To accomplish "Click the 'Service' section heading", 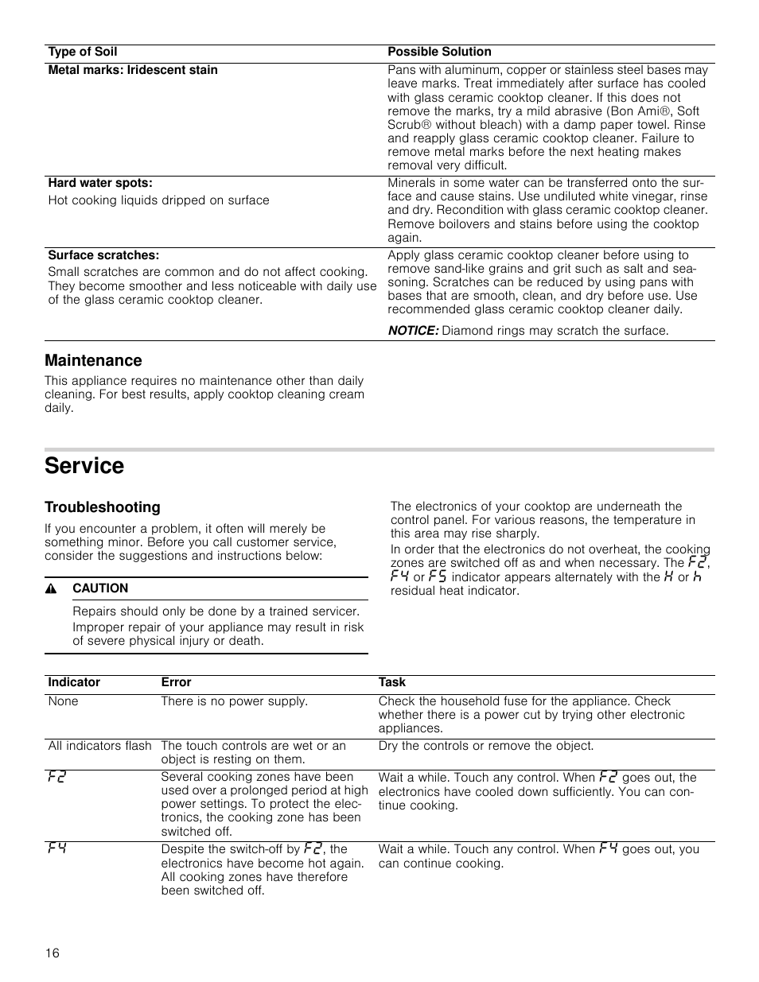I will (x=84, y=466).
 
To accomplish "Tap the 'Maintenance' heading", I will (x=93, y=360).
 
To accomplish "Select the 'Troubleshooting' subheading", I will (x=102, y=507).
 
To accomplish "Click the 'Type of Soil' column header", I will (x=82, y=52).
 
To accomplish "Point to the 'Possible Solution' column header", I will (x=439, y=52).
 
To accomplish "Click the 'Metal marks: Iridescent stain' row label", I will (x=133, y=70).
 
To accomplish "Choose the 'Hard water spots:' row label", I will (x=100, y=183).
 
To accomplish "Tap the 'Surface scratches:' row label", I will (x=103, y=255).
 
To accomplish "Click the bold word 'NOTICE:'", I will (x=413, y=330).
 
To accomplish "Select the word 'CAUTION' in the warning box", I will (x=100, y=588).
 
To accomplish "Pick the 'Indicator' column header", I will (x=74, y=682).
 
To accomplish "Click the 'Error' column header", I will (x=176, y=682).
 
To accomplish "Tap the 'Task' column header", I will (x=392, y=682).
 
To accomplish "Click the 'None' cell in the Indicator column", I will (x=64, y=701).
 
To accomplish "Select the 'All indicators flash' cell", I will (x=99, y=746).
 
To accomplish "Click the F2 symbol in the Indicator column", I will (x=56, y=777).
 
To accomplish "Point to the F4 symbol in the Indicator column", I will (x=56, y=849).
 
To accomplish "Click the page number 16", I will (x=53, y=953).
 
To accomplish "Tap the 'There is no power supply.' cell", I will (x=234, y=701).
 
